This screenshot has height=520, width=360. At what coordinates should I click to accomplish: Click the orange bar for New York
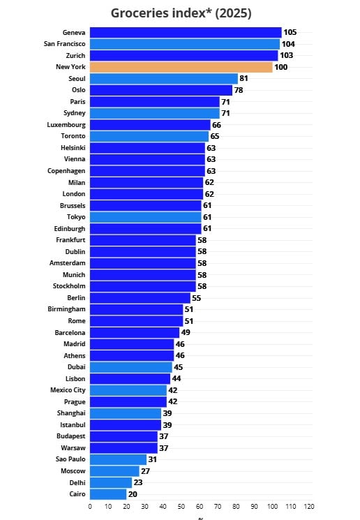click(181, 67)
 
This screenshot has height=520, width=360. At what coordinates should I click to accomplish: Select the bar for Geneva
click(186, 33)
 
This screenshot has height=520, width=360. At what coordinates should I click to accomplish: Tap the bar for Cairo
click(108, 494)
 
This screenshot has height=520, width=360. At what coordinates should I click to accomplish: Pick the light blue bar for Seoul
click(164, 79)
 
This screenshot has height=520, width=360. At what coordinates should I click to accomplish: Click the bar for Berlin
click(140, 298)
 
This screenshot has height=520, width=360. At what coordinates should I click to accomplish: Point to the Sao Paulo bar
click(119, 459)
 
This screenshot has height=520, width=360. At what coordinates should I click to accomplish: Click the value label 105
click(290, 32)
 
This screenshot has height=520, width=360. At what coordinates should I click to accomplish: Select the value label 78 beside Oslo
click(239, 90)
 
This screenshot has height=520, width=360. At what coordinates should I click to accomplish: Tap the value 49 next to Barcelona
click(186, 332)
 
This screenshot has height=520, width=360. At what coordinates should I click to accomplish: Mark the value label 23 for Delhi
click(138, 482)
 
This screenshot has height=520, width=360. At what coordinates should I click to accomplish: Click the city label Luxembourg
click(66, 125)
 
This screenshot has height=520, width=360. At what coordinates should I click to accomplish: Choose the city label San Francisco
click(65, 44)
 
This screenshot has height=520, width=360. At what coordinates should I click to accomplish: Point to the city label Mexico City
click(68, 390)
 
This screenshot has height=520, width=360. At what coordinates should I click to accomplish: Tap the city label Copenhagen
click(66, 171)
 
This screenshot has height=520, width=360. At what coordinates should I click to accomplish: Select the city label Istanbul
click(73, 425)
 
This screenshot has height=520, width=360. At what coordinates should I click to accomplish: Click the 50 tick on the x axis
click(181, 507)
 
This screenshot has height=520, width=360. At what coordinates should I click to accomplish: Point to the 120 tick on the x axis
click(309, 507)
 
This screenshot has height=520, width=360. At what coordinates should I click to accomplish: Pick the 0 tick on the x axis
click(90, 507)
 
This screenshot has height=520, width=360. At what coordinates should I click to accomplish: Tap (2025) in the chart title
click(233, 13)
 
